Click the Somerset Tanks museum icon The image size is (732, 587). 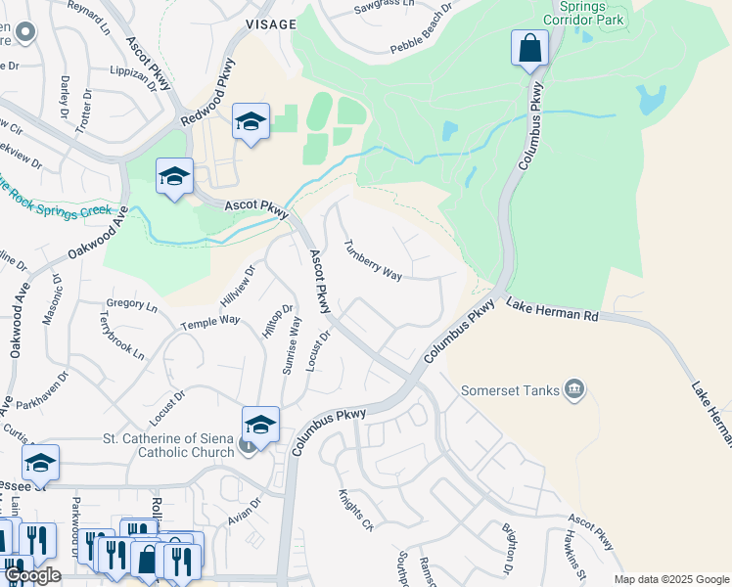coord(574,390)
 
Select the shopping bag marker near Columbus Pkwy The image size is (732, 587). coord(529,49)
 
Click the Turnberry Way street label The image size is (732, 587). coord(372,260)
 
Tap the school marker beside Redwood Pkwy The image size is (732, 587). coord(251,123)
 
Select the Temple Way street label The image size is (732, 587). coord(209,322)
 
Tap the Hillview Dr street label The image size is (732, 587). coord(237,285)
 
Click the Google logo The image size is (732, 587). coord(32,575)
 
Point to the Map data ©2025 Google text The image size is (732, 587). coord(670,579)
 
